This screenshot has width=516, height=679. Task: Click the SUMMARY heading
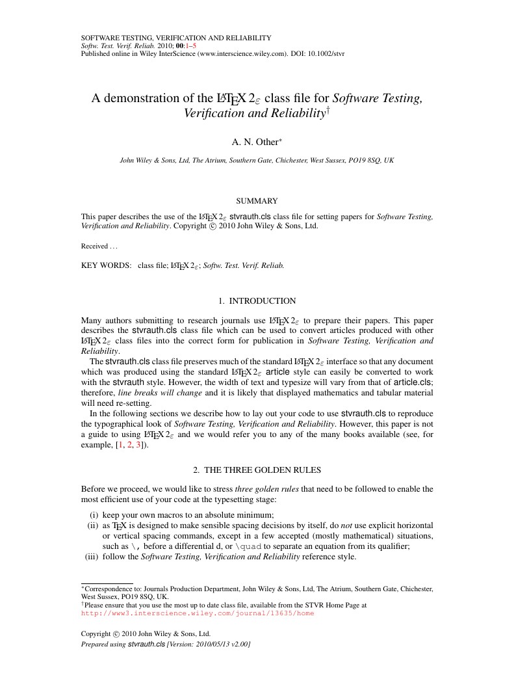click(258, 201)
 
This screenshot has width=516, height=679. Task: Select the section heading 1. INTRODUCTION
click(257, 301)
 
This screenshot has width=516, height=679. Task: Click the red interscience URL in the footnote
click(198, 613)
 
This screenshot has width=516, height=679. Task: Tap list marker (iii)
click(92, 557)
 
